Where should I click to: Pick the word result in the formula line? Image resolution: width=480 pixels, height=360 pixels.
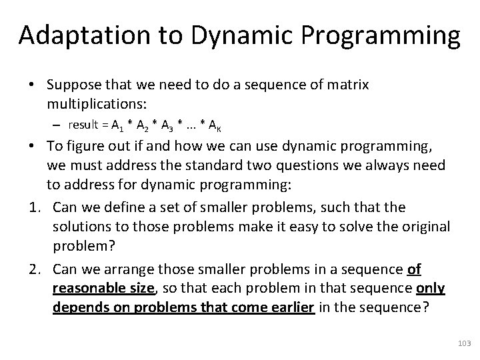tap(83, 125)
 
